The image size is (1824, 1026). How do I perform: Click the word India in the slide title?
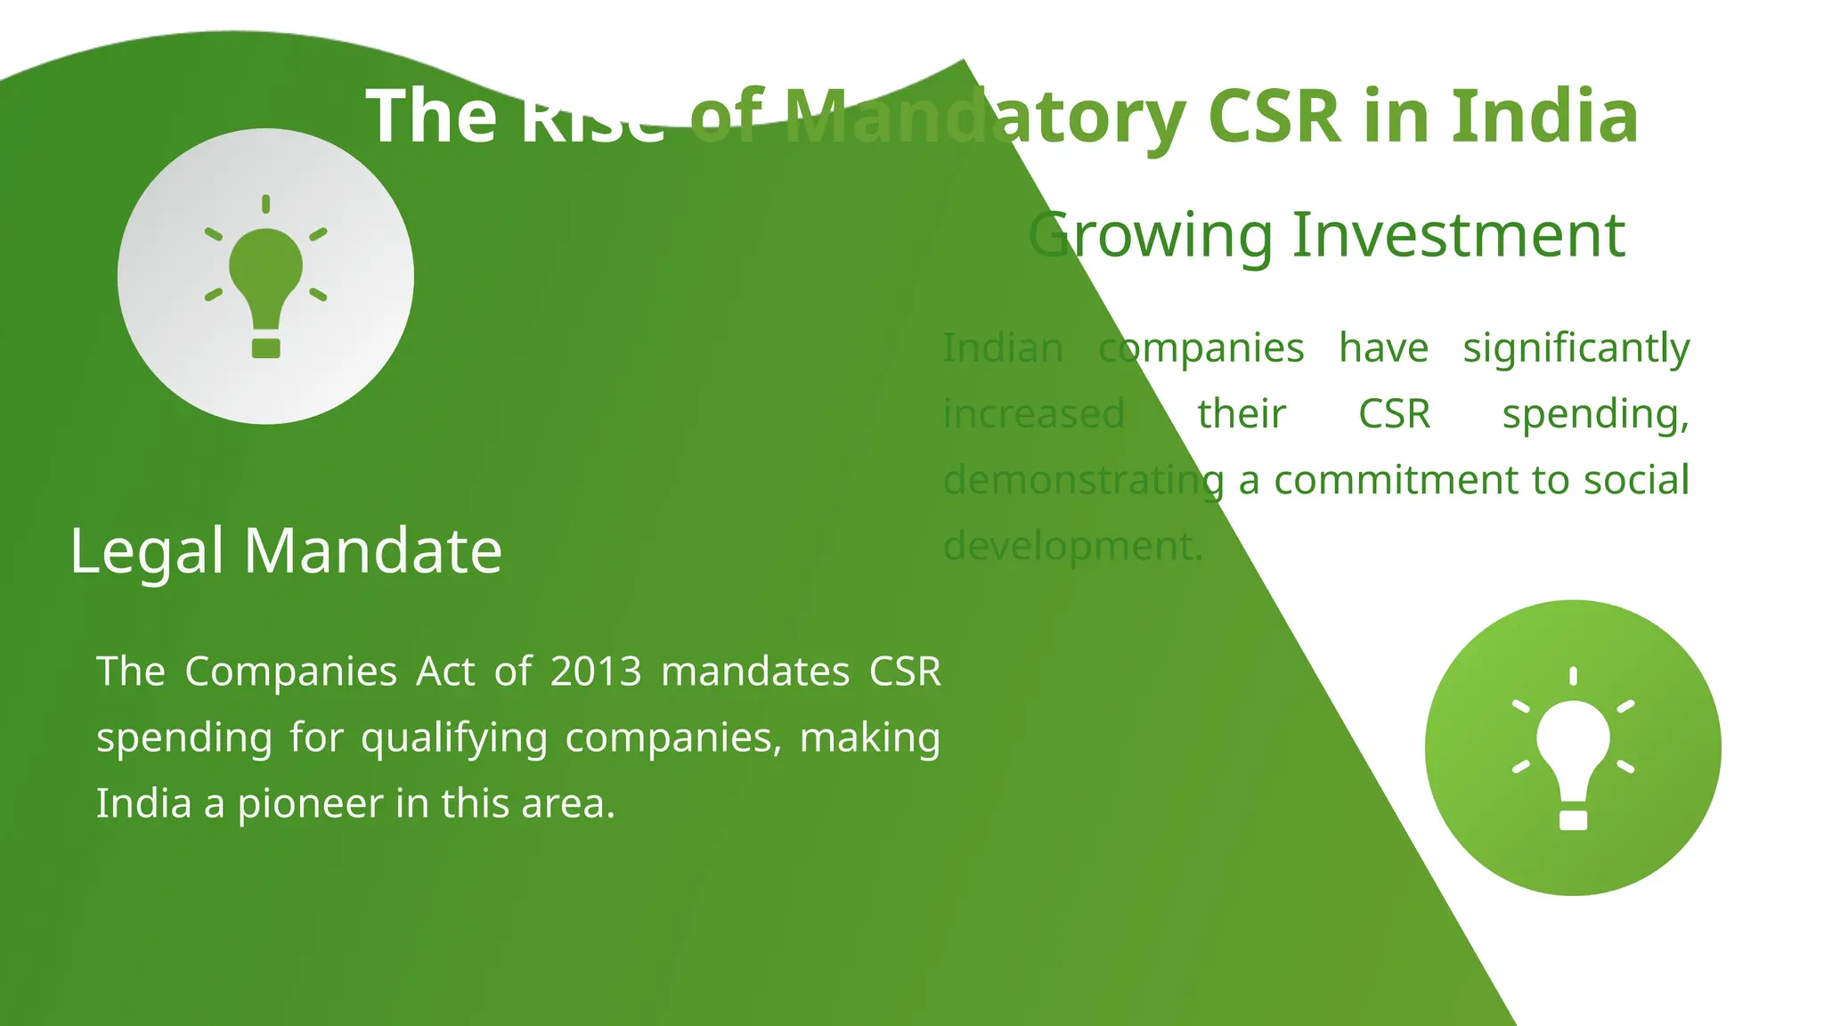[1545, 117]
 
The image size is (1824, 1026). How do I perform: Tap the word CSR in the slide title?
[1274, 117]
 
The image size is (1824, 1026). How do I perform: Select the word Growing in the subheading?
[1150, 236]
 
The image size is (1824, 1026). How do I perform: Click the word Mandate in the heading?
[373, 550]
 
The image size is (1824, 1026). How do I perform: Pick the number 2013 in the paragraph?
[596, 672]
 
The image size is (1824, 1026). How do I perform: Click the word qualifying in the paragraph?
[453, 738]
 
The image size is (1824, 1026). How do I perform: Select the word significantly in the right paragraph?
[1576, 348]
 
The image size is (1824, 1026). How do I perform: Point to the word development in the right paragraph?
[1072, 546]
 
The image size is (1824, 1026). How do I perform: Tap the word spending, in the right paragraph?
[1595, 414]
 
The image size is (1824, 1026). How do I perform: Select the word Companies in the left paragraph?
[290, 672]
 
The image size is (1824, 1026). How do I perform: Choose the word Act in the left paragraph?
[445, 672]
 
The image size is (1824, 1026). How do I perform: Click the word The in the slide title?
[431, 117]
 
